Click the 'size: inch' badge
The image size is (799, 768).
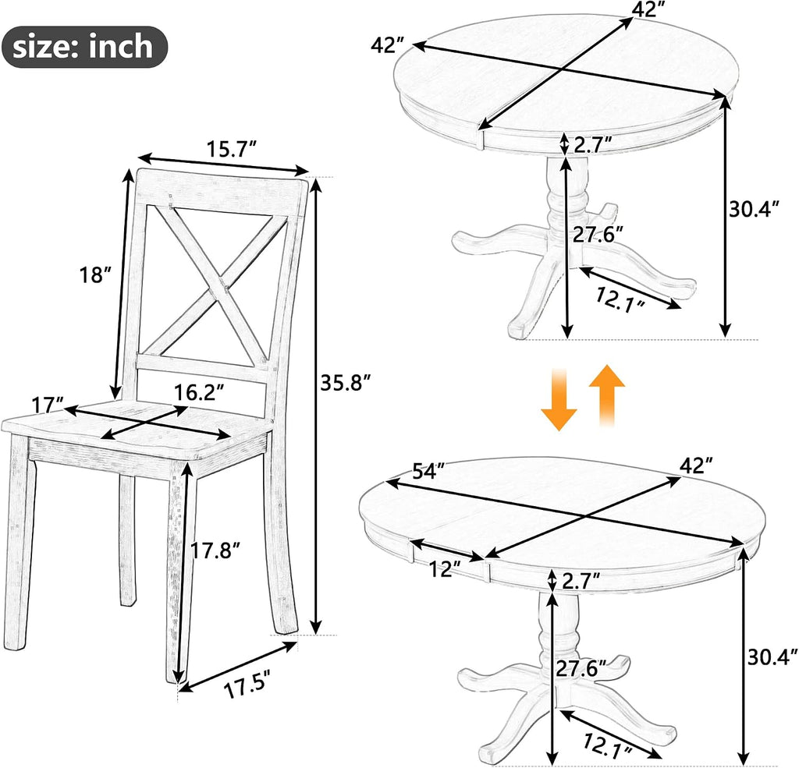point(84,47)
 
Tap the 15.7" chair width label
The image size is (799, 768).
point(231,150)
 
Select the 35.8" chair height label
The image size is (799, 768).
point(346,383)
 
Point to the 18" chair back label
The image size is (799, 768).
point(94,275)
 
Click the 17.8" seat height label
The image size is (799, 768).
point(215,550)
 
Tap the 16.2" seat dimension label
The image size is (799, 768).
point(199,393)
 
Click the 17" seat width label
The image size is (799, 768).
point(47,405)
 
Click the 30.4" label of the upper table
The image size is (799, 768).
point(755,209)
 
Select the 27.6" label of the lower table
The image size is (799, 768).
point(581,668)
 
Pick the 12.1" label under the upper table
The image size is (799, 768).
point(620,299)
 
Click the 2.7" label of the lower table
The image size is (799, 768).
point(580,581)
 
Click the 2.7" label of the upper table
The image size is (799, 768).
point(593,145)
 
